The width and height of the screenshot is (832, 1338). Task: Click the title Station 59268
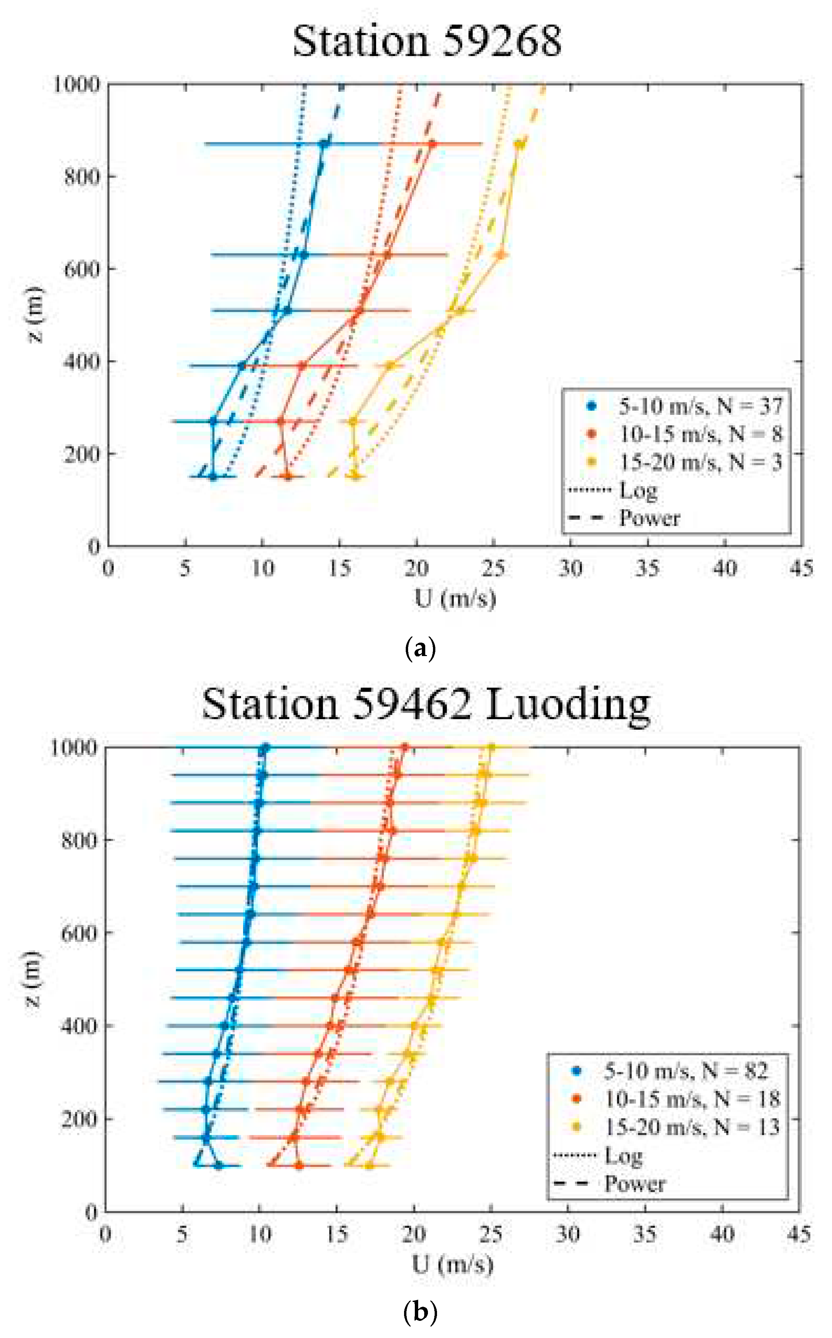pos(427,41)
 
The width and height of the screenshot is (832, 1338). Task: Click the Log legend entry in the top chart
pos(638,490)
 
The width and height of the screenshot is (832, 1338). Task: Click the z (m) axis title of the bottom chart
pos(34,978)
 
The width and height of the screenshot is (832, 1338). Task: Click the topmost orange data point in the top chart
pos(432,144)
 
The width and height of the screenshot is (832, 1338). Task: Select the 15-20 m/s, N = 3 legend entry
pos(700,462)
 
